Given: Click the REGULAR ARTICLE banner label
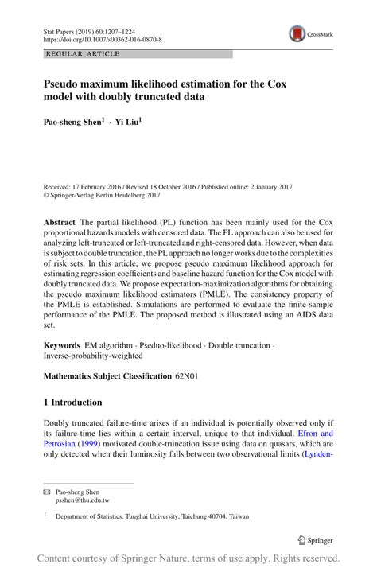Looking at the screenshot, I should tap(84, 54).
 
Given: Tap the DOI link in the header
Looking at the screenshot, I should tap(104, 38).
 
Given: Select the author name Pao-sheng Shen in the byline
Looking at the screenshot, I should tap(73, 123).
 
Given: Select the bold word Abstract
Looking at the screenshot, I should tap(60, 222).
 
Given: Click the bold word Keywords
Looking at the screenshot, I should tap(62, 346).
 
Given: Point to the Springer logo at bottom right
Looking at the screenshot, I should tap(313, 540).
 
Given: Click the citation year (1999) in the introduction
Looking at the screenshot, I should tap(89, 445).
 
